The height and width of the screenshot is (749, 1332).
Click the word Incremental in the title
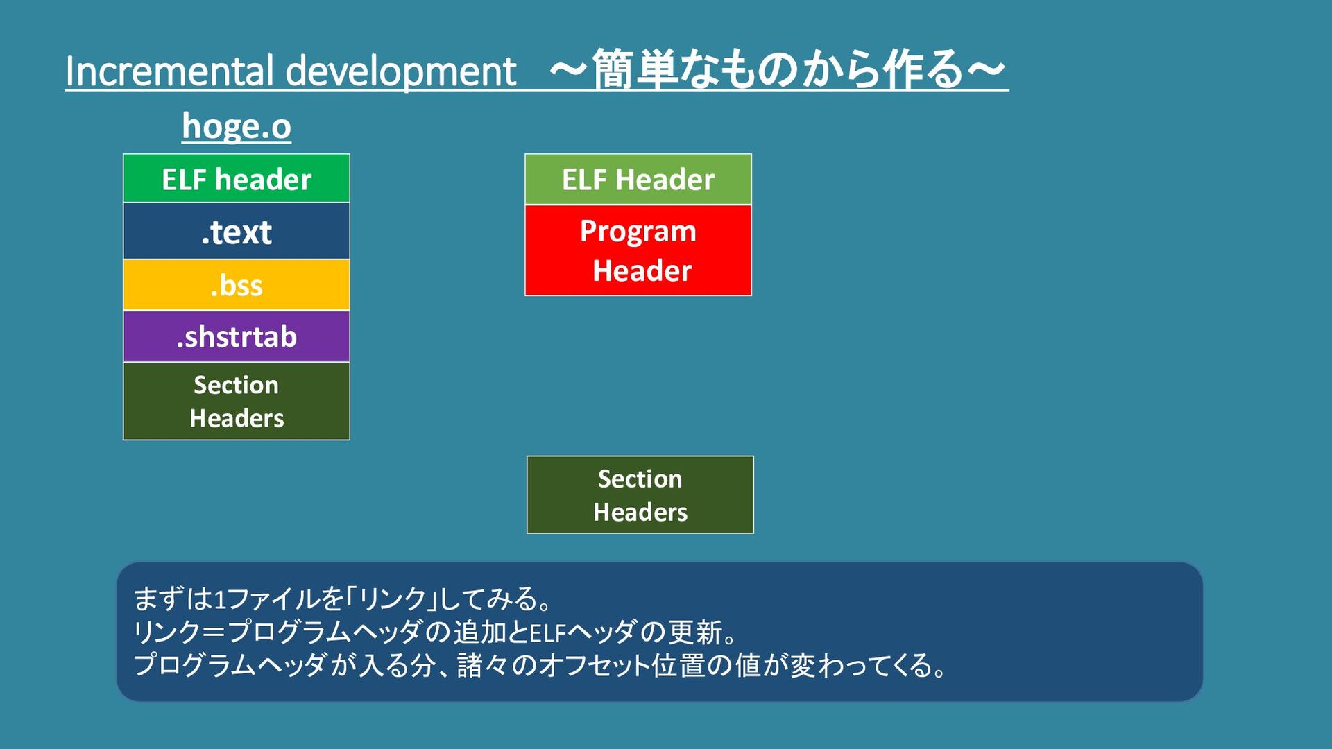pos(169,71)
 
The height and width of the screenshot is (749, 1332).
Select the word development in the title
pos(401,71)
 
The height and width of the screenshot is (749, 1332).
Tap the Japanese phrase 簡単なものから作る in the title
pos(777,69)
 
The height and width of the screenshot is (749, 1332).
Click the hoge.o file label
pos(237,126)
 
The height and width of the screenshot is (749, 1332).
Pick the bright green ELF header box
pos(237,179)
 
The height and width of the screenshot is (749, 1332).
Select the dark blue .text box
pos(237,232)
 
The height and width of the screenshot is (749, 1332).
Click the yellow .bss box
pos(237,285)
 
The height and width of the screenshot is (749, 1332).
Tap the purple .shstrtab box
pos(237,336)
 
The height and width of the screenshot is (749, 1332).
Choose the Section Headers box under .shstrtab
pos(237,401)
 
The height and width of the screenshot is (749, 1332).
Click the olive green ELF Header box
pos(638,180)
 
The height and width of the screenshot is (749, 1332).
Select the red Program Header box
pos(638,250)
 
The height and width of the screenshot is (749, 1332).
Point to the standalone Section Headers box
pos(640,494)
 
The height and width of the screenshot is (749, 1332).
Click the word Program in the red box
pos(638,231)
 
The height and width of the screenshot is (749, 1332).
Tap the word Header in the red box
pos(642,270)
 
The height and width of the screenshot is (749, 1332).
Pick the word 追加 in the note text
pos(479,632)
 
